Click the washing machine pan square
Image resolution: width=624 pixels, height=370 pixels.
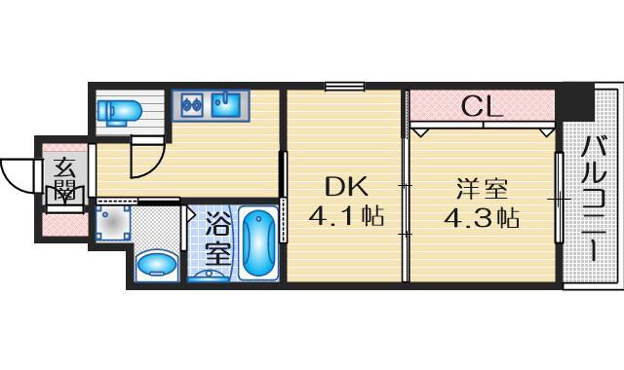[114, 224]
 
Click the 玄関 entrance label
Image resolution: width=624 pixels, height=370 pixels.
[65, 178]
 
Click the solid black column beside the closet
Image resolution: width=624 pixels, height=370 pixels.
[577, 100]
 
